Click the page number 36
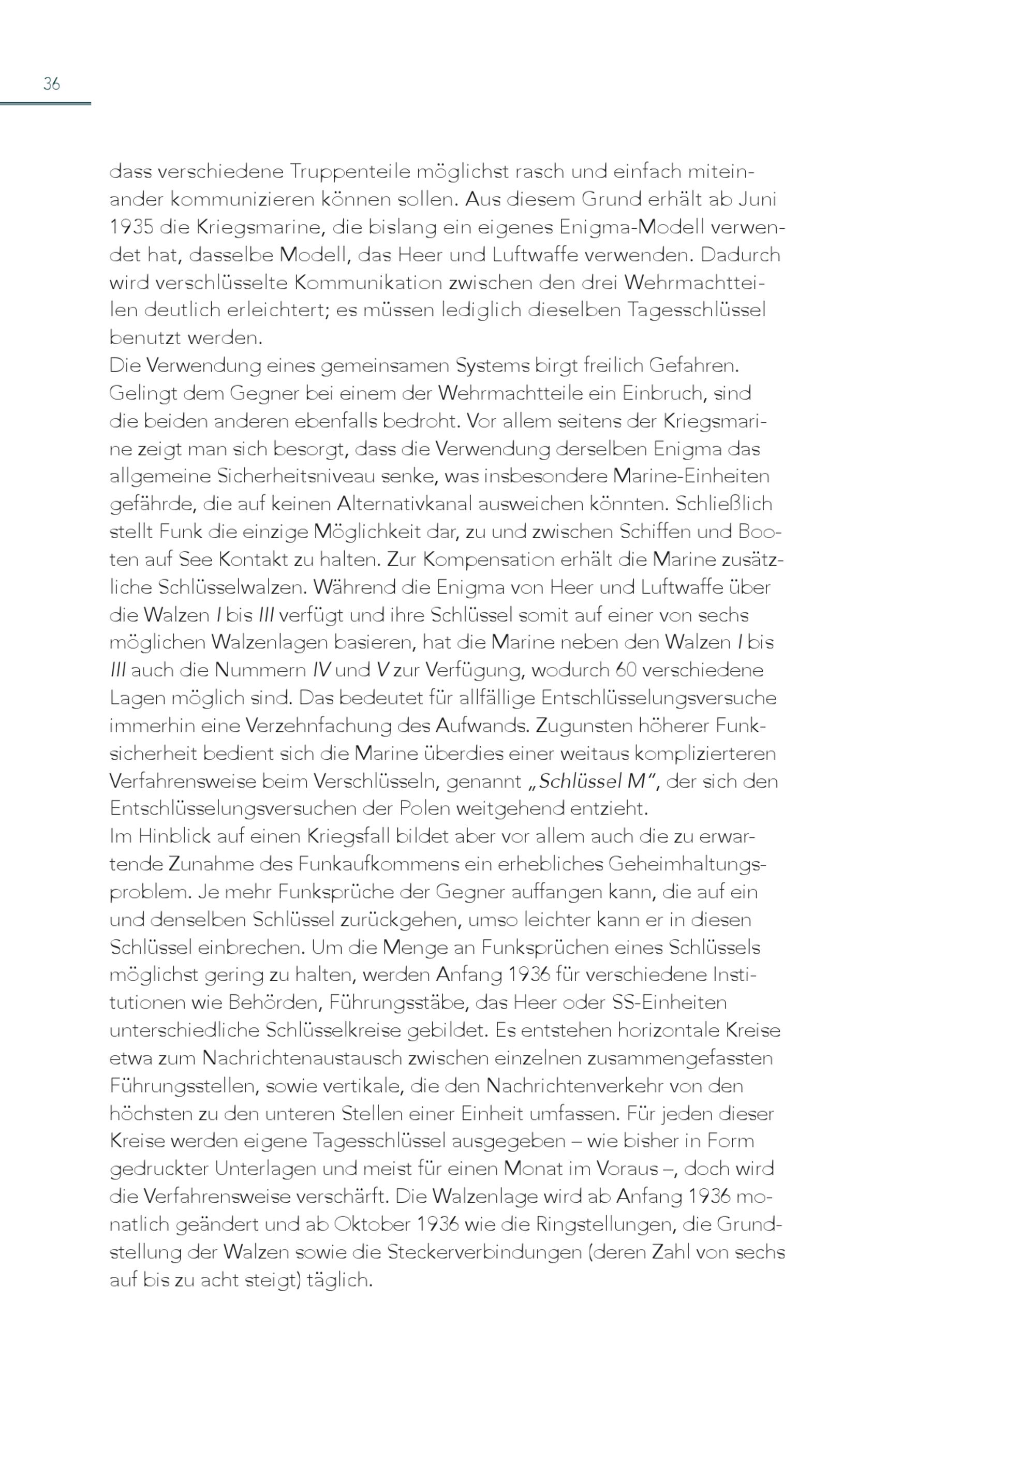pyautogui.click(x=51, y=83)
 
